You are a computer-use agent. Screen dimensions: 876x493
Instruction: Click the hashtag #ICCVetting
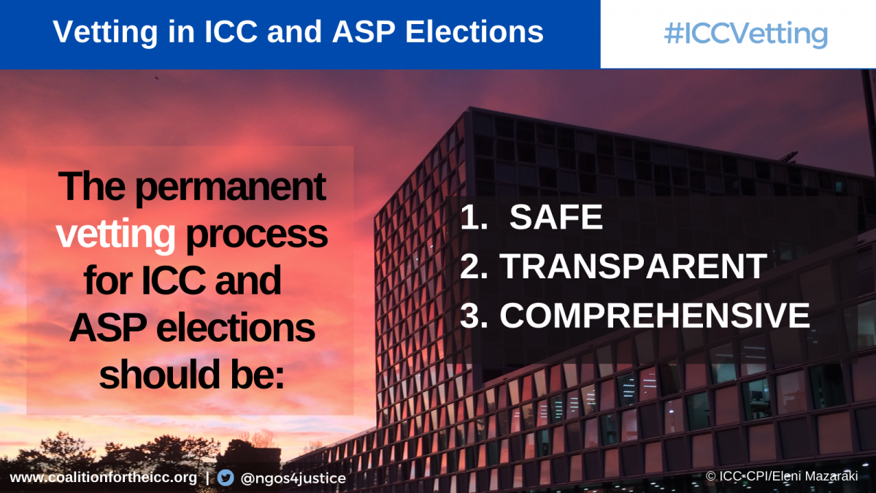coord(746,34)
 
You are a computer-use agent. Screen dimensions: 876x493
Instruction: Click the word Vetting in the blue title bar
coord(105,32)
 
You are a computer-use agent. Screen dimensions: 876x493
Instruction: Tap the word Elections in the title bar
coord(474,31)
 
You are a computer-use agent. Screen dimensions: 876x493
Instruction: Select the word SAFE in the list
coord(556,217)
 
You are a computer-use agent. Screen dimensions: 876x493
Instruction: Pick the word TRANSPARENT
coord(633,266)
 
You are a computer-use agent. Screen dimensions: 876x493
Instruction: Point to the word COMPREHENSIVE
coord(655,316)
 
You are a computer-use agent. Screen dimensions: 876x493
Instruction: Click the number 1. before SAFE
coord(474,217)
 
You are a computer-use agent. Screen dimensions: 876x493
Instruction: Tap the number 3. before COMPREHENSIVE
coord(474,316)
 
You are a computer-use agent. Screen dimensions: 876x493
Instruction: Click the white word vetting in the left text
coord(115,234)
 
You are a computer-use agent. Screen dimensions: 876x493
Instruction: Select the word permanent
coord(231,188)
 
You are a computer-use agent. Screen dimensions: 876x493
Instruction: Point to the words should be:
coord(191,374)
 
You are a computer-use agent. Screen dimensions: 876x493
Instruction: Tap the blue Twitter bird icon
coord(226,478)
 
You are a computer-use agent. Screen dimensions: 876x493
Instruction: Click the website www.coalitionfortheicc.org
coord(103,478)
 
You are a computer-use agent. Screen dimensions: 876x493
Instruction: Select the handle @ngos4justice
coord(293,478)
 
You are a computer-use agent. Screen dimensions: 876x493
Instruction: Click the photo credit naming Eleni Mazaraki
coord(782,476)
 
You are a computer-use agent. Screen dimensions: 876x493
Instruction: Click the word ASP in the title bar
coord(364,31)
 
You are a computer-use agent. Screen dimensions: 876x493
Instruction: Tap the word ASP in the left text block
coord(109,327)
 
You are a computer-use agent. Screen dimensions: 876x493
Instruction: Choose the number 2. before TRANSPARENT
coord(474,266)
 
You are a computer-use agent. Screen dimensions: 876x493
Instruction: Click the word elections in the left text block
coord(236,327)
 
